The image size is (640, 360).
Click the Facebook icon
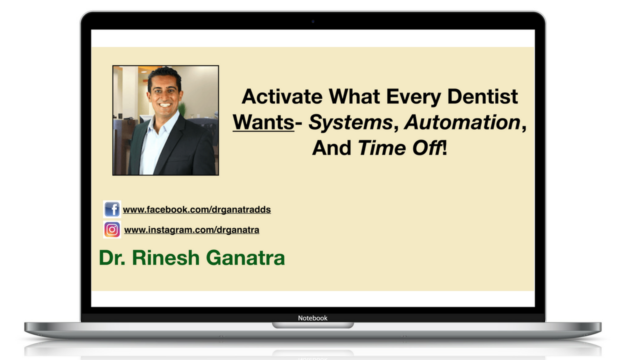click(112, 209)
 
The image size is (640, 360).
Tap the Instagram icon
click(112, 229)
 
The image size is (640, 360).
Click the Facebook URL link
click(197, 209)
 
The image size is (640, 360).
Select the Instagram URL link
click(191, 230)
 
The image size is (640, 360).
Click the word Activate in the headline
click(282, 96)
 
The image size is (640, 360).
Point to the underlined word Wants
click(263, 122)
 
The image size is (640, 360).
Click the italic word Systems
click(351, 123)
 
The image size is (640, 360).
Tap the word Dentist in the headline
click(482, 96)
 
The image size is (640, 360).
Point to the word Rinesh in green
click(165, 257)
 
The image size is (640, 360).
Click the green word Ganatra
click(245, 257)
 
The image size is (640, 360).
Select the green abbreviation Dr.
click(112, 257)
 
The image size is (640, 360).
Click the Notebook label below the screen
click(312, 318)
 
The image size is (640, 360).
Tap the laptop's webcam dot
click(313, 21)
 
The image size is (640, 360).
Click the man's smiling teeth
click(165, 104)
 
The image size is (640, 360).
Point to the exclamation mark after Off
click(444, 147)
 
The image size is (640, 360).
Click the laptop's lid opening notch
click(313, 325)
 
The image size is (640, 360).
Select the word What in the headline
click(354, 96)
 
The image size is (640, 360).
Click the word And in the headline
click(331, 148)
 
